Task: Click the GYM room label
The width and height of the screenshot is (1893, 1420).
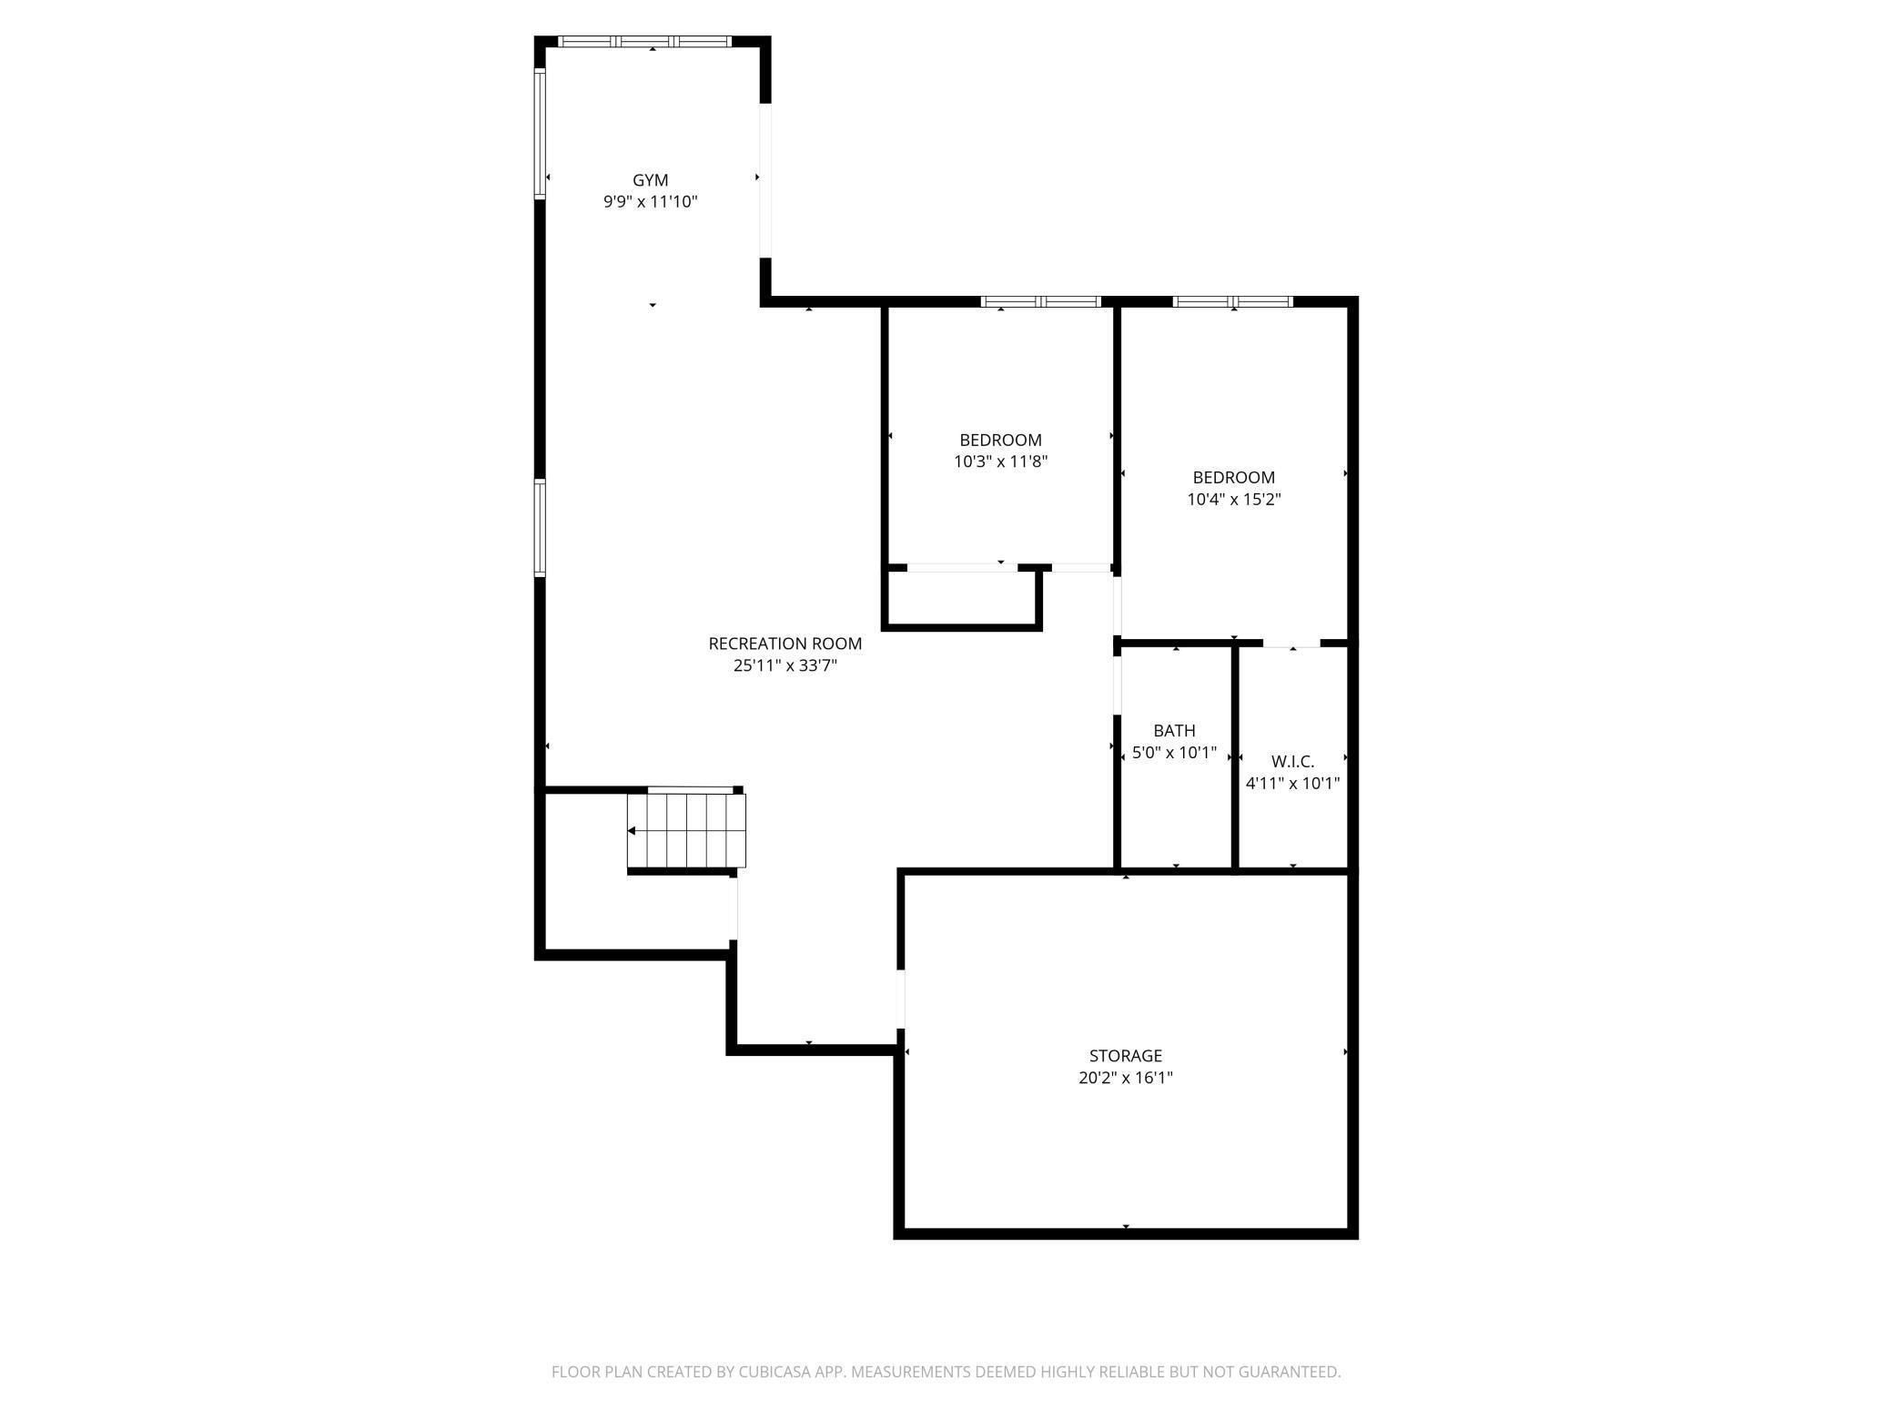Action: pyautogui.click(x=650, y=180)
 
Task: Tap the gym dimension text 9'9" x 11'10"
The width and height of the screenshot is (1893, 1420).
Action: pyautogui.click(x=650, y=202)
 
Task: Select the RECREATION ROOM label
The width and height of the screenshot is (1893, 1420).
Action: pyautogui.click(x=785, y=644)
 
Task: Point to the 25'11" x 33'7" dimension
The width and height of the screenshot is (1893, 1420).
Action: pyautogui.click(x=785, y=665)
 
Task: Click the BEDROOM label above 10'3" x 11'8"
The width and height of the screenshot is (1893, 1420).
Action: pyautogui.click(x=1000, y=441)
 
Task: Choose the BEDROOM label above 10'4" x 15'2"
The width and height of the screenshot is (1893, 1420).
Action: pyautogui.click(x=1233, y=478)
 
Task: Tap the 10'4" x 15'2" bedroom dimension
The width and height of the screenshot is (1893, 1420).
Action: pyautogui.click(x=1233, y=500)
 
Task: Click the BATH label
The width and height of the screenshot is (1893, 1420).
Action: pyautogui.click(x=1174, y=731)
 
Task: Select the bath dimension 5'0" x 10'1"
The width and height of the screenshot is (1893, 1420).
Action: pyautogui.click(x=1174, y=753)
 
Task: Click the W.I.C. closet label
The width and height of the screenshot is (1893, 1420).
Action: pyautogui.click(x=1292, y=762)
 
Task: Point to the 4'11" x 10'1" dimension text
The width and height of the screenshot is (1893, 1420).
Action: pyautogui.click(x=1292, y=784)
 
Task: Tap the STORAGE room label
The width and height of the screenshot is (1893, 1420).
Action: pyautogui.click(x=1125, y=1056)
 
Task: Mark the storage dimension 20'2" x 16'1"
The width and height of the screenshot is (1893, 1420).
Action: pyautogui.click(x=1125, y=1079)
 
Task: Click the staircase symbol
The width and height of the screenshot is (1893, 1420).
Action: pyautogui.click(x=687, y=831)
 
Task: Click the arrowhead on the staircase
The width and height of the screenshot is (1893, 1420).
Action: pyautogui.click(x=632, y=831)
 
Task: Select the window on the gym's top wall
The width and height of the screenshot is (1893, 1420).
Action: pyautogui.click(x=644, y=41)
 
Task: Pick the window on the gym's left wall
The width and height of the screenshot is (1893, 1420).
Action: pyautogui.click(x=540, y=134)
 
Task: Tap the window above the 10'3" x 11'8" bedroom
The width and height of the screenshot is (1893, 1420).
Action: pyautogui.click(x=1041, y=301)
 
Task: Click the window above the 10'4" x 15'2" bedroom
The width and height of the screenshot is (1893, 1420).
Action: pyautogui.click(x=1232, y=301)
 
